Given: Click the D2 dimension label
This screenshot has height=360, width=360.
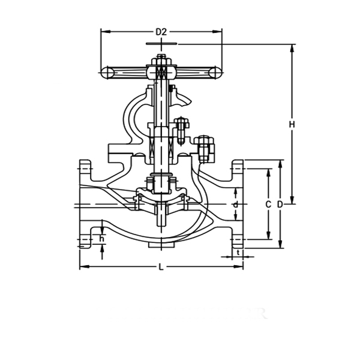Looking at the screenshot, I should point(161,31).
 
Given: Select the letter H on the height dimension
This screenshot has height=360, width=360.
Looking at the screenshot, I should point(292,124).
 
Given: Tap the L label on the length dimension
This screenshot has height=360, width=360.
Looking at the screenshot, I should point(161,267).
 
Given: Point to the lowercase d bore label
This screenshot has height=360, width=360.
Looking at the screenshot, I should point(236,205).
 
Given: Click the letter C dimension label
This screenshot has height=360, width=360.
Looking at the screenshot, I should point(269,205).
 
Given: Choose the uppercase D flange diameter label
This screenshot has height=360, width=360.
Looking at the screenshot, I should point(280,205).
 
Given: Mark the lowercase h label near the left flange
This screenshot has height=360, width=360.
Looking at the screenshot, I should point(102,239).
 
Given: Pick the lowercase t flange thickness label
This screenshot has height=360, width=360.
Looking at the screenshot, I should point(239,253).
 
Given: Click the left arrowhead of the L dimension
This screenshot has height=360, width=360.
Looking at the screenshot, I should point(83,267).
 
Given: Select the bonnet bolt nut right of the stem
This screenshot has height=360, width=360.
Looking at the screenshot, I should point(205,148).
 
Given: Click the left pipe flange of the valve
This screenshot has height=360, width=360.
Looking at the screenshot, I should point(86,204).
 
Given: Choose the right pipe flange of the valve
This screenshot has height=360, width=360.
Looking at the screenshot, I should point(238,204).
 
